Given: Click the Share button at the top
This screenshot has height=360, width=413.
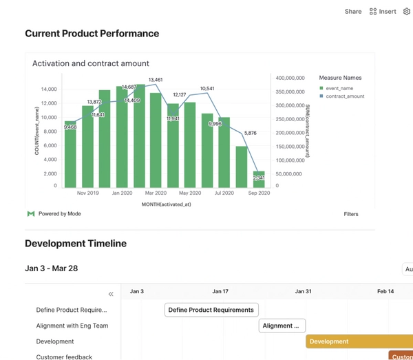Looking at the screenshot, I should click(353, 12).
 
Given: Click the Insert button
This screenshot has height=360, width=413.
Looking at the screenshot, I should click(383, 12).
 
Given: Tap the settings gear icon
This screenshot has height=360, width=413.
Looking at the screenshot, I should click(407, 12).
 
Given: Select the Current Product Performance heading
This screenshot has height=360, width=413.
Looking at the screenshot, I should click(92, 34).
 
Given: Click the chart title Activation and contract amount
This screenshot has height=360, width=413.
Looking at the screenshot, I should click(91, 63).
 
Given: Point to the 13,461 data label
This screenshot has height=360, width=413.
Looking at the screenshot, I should click(156, 80).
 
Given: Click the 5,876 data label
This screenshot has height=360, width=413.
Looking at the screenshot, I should click(250, 133).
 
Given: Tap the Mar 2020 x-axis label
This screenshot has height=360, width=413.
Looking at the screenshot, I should click(156, 193).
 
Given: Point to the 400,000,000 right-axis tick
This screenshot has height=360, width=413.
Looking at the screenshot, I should click(290, 78).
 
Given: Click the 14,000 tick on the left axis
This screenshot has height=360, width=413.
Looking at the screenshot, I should click(48, 89).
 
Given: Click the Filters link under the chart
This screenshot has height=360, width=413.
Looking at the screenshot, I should click(351, 214).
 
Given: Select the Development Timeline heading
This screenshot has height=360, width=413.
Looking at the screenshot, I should click(76, 244).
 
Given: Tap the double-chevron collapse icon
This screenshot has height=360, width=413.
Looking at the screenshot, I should click(111, 294).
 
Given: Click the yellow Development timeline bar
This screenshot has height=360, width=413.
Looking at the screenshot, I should click(359, 341).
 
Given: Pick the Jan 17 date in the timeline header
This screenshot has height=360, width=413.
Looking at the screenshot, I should click(220, 292).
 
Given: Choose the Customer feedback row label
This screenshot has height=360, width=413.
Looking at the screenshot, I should click(64, 357).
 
